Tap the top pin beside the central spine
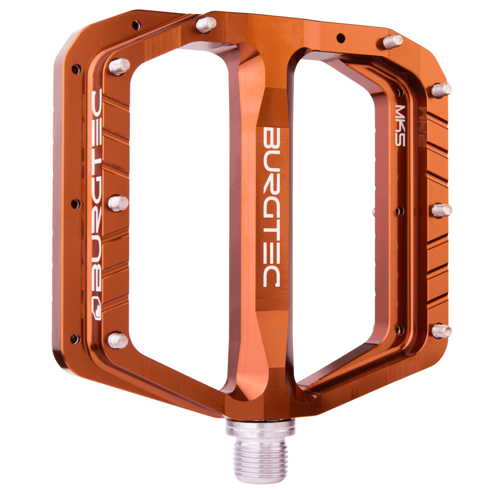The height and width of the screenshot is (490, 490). point(206,23)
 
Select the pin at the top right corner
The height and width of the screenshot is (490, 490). point(393,41)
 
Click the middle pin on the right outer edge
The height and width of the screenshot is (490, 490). point(441,210)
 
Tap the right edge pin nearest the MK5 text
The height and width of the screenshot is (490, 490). point(441,90)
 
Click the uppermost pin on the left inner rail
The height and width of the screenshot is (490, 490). point(119,66)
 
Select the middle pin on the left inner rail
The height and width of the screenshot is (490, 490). point(118,203)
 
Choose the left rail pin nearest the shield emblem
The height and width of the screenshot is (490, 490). point(118,340)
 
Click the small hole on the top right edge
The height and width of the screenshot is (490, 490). point(340,37)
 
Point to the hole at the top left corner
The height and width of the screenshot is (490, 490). point(136,23)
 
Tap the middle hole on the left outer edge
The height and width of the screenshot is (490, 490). point(75,203)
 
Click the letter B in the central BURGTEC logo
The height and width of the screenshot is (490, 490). point(271,138)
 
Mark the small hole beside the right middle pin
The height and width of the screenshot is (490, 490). point(400,211)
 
